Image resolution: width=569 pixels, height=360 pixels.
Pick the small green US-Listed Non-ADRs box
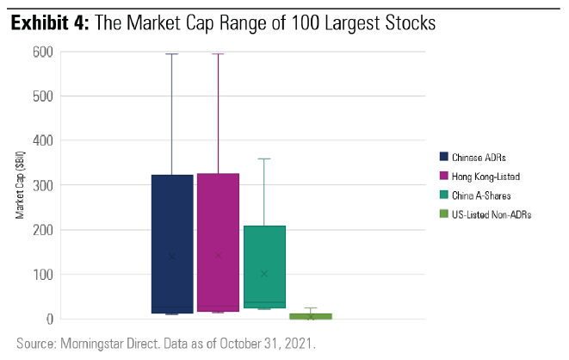tap(310, 316)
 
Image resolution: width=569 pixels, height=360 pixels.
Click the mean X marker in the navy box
tap(172, 256)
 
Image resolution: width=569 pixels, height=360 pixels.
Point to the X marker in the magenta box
tap(218, 255)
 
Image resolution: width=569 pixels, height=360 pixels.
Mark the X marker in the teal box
tap(264, 274)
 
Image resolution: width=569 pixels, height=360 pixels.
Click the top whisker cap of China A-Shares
tap(264, 158)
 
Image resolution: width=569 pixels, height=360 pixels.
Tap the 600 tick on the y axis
tap(44, 52)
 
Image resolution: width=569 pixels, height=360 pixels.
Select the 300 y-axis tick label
tap(44, 185)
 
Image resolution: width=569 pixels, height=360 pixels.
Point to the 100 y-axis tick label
tap(44, 275)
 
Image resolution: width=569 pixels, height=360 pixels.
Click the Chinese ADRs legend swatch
tap(443, 157)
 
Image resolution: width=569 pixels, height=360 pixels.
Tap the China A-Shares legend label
tap(482, 195)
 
